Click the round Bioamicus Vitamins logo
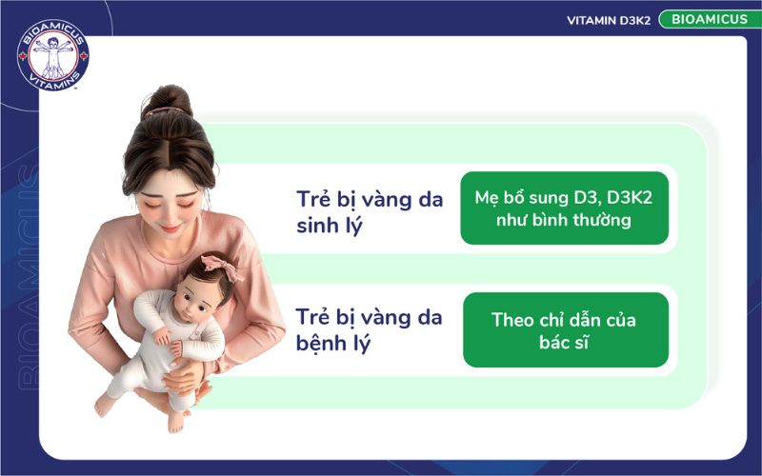point(53,55)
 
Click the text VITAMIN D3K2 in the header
point(609,20)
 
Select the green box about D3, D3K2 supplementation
point(564,208)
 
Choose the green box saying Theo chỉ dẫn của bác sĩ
point(565,330)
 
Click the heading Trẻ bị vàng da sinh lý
point(369,214)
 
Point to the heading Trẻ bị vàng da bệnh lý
point(369,329)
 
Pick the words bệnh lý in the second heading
point(332,344)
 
